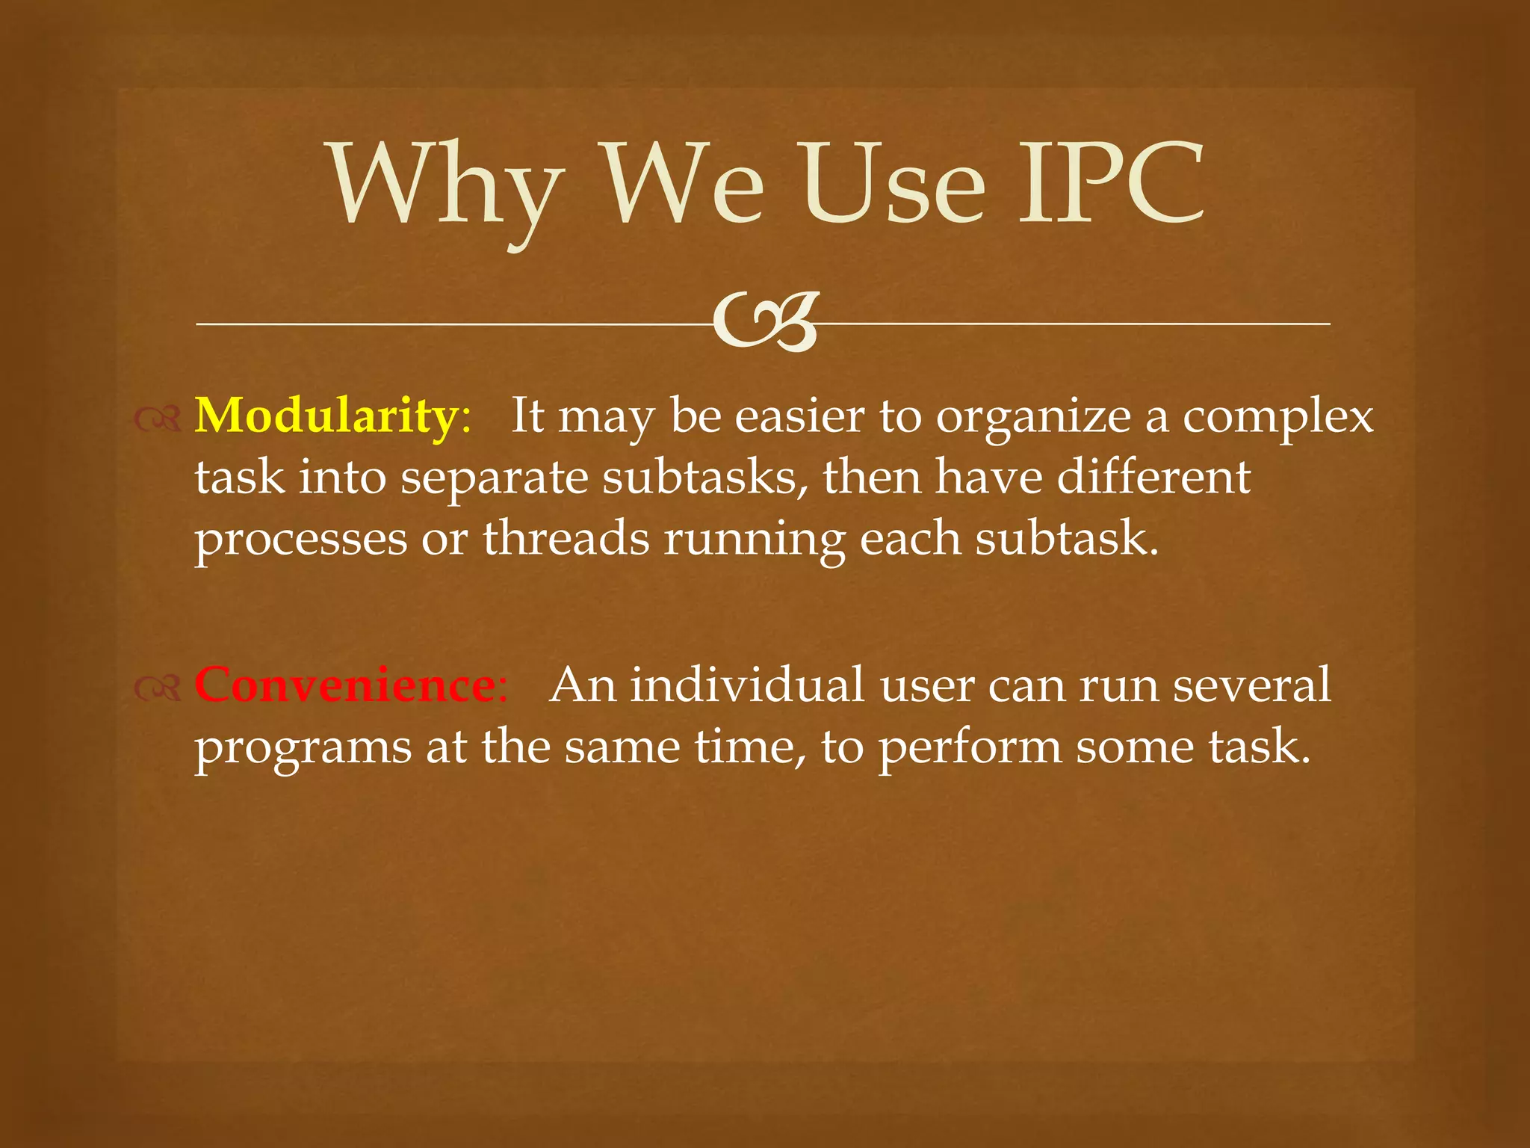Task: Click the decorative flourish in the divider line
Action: (x=766, y=322)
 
